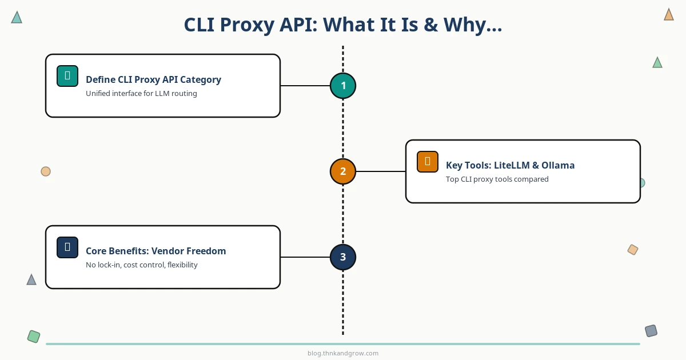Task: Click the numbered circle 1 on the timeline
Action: (x=343, y=86)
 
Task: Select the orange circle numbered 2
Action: (x=343, y=171)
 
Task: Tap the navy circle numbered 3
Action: (x=343, y=257)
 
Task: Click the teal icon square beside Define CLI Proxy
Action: (x=67, y=76)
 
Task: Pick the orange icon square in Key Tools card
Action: (x=428, y=162)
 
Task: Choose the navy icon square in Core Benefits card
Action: (x=67, y=247)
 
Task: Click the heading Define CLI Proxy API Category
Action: (x=153, y=79)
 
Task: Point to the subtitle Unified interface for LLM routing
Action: (x=141, y=94)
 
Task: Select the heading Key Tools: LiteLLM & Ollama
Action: (x=510, y=165)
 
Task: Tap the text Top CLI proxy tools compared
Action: (x=497, y=179)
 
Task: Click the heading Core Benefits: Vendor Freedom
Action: (x=155, y=251)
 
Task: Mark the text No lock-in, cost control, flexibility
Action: (x=141, y=265)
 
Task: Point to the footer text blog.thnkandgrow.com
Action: (x=343, y=353)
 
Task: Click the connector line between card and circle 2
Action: (x=381, y=171)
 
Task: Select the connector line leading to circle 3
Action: (x=305, y=257)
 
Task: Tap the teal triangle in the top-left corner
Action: (x=17, y=18)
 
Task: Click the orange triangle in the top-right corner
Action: (x=669, y=15)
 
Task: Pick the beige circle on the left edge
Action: (x=46, y=171)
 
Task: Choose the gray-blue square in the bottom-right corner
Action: (x=651, y=331)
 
